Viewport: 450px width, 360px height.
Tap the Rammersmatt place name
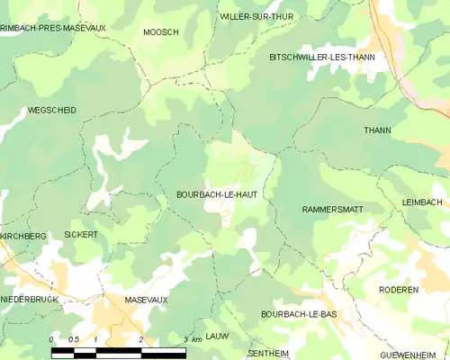332,209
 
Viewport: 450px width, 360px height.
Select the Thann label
377,130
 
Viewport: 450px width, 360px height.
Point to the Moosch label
161,31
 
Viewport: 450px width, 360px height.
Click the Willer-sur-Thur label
256,16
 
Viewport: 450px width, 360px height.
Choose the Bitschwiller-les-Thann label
321,57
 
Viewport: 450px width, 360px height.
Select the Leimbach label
423,202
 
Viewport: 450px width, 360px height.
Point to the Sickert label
81,234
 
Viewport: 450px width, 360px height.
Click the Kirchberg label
22,236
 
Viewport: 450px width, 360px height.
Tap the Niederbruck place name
29,298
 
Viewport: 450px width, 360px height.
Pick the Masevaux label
146,298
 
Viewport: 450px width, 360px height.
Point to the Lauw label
217,335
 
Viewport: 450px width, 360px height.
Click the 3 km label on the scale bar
190,338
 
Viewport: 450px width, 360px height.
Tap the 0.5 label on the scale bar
73,338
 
